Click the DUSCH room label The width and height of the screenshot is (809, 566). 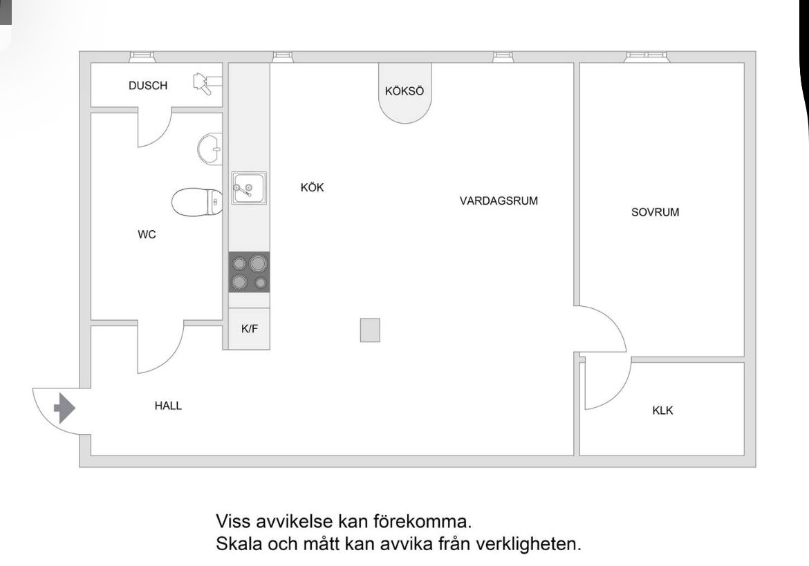[148, 86]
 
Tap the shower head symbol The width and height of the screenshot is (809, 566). [207, 84]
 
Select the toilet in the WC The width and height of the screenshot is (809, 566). [197, 202]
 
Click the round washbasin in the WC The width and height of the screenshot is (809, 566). [210, 149]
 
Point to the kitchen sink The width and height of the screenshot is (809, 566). [249, 188]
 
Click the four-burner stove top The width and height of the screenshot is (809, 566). [249, 272]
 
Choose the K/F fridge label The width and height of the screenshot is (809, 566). [250, 328]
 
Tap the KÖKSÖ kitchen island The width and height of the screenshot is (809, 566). [404, 93]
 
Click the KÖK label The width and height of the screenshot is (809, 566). [312, 188]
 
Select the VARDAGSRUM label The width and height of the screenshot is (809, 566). [499, 200]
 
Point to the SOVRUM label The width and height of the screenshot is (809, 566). [655, 212]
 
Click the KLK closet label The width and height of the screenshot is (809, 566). [662, 411]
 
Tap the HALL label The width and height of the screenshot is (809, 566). [168, 406]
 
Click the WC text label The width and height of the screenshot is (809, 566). [147, 234]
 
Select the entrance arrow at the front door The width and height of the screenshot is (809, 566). [64, 408]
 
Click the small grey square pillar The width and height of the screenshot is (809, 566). [370, 330]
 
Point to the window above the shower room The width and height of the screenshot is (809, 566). [141, 57]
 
